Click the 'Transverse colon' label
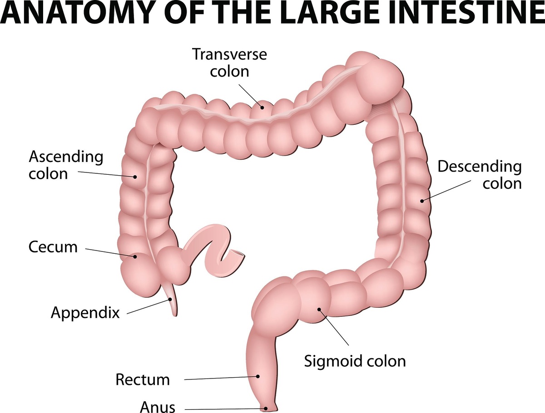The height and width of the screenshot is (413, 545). coord(230,63)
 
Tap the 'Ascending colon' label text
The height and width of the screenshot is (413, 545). coord(66,165)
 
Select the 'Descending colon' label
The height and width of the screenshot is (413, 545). coord(480,175)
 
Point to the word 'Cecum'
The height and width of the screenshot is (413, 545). coord(53,247)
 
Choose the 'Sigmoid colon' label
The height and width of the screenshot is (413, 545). coord(355,361)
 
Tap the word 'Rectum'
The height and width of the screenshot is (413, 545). coord(143,379)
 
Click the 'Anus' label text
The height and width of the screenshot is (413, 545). coord(158,407)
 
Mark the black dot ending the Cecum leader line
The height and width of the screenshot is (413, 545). coord(135,256)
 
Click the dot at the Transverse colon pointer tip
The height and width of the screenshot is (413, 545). coord(262,108)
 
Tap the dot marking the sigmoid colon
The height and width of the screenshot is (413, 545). coord(319,309)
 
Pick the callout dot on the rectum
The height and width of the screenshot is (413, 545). coord(258,376)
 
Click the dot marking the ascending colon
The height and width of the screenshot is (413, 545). coord(135,177)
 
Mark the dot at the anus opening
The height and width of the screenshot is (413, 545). coord(266,408)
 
